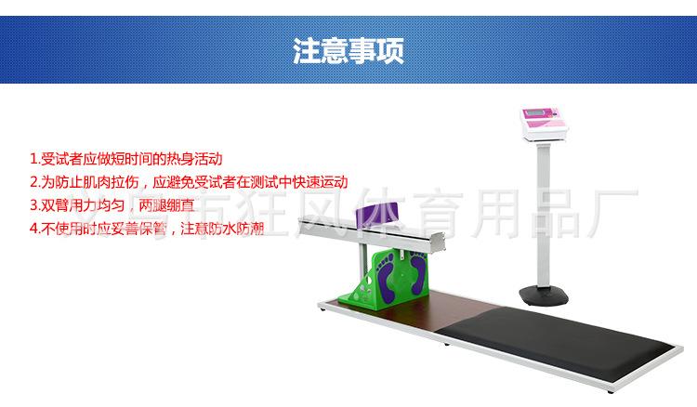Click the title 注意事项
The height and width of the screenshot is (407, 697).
click(x=348, y=49)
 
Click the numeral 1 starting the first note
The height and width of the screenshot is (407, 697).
click(x=33, y=159)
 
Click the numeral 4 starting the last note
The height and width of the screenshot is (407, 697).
click(x=33, y=226)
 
